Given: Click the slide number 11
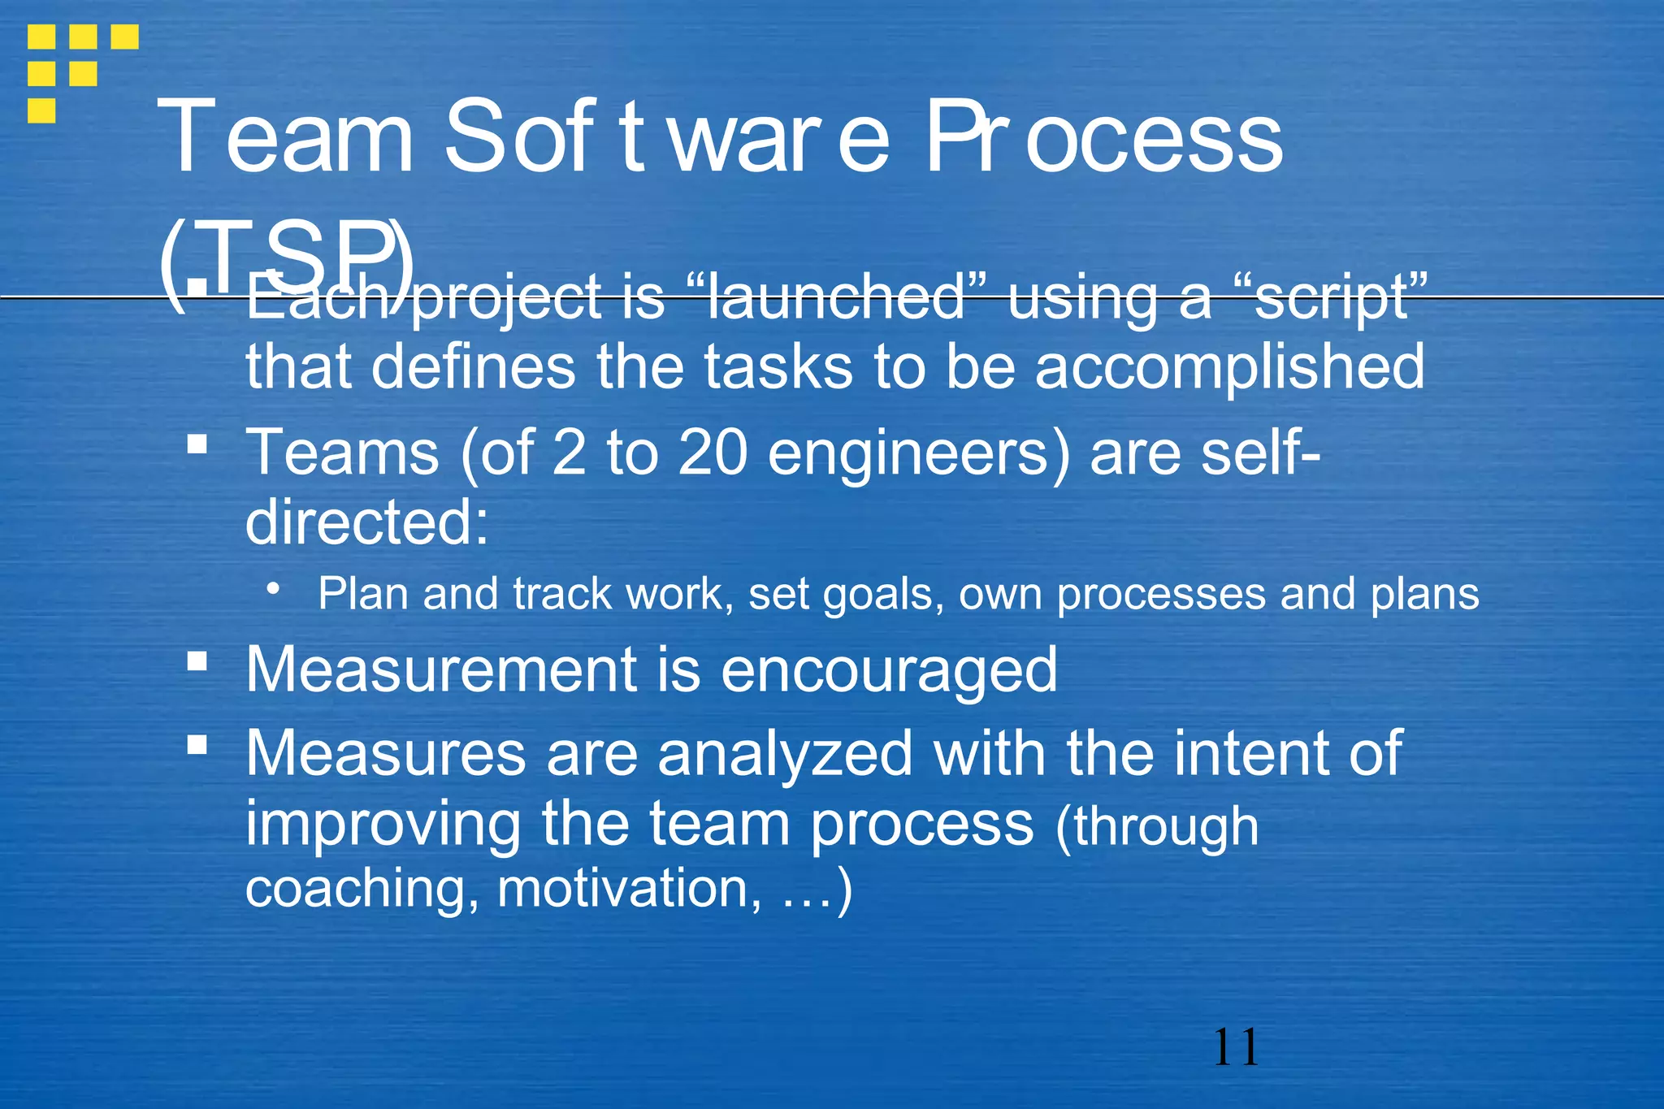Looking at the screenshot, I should coord(1236,1047).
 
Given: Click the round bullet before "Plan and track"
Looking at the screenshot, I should coord(275,587).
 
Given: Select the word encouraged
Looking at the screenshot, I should coord(889,671).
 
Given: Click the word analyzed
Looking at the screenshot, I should coord(785,754).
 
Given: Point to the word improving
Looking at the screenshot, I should coord(383,825).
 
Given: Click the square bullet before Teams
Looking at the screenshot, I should coord(197,444).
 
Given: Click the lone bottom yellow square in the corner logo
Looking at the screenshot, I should coord(41,110).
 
